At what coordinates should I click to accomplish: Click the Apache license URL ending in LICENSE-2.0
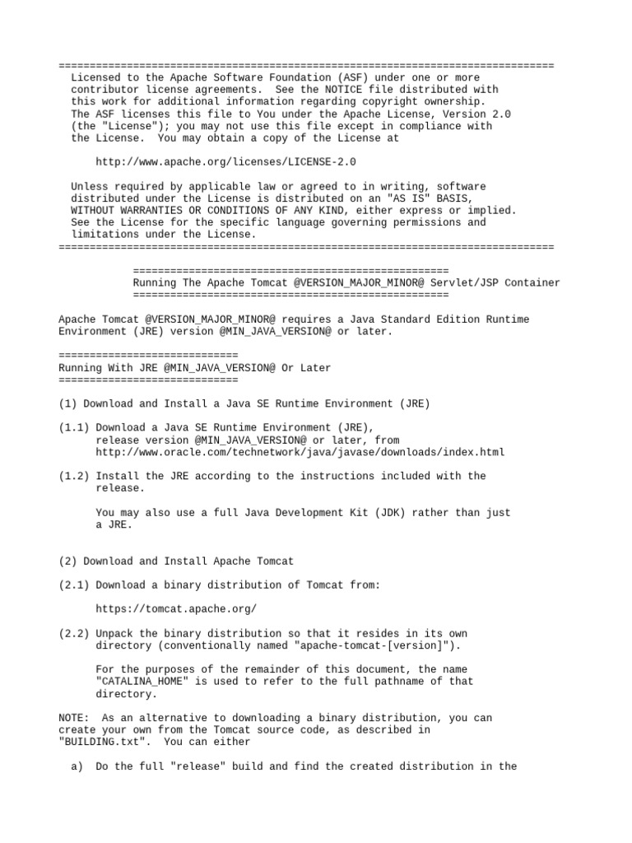226,162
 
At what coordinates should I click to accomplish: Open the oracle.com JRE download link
300,452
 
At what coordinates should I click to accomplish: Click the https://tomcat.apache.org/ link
176,609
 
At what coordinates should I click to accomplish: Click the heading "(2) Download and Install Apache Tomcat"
176,561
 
